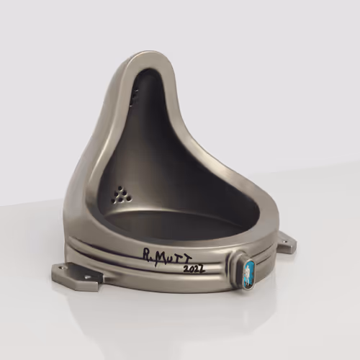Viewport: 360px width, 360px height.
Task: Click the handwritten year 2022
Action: pyautogui.click(x=194, y=269)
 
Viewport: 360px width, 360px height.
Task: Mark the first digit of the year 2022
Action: pyautogui.click(x=186, y=269)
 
